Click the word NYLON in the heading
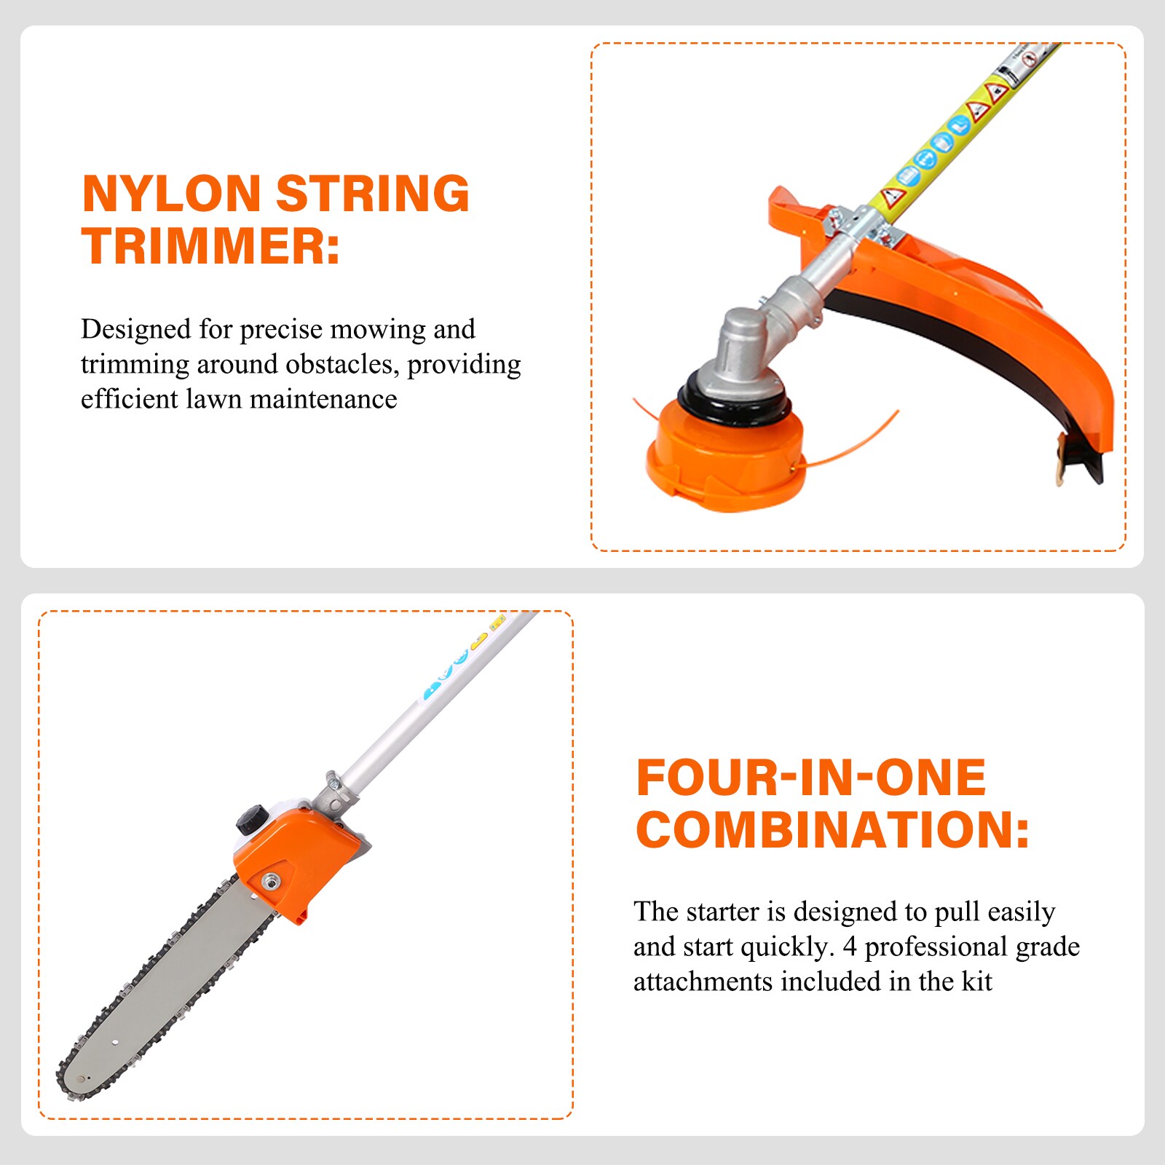click(171, 194)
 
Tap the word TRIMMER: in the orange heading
click(210, 246)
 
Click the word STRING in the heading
click(373, 194)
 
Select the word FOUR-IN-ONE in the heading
click(811, 778)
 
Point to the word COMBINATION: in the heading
click(833, 830)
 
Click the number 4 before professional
click(849, 947)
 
